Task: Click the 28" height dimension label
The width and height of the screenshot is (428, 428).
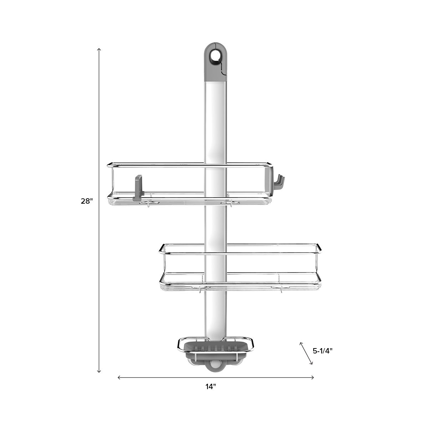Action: tap(86, 201)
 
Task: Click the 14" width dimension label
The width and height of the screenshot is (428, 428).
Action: tap(210, 387)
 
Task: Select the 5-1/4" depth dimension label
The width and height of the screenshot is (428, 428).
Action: tap(322, 351)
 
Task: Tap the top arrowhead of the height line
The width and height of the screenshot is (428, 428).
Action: tap(99, 49)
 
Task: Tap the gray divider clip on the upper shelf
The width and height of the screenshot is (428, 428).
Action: tap(138, 187)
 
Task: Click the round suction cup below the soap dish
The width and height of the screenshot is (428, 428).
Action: tap(215, 365)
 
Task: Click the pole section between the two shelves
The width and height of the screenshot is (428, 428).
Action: tap(216, 225)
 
